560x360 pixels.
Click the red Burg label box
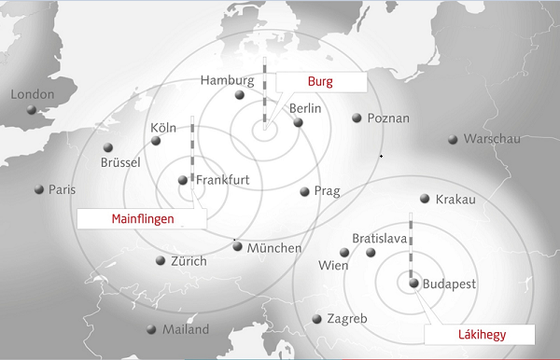click(320, 82)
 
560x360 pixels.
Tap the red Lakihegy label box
click(480, 335)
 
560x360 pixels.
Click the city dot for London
click(32, 110)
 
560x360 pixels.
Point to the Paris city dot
click(39, 189)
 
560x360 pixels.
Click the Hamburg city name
click(228, 80)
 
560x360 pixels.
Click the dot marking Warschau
click(453, 140)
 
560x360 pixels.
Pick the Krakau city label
click(455, 200)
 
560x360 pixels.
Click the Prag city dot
click(304, 192)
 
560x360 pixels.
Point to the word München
click(273, 248)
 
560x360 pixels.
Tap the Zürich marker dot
click(161, 261)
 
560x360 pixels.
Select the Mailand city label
click(186, 329)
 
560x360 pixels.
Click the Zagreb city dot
click(318, 319)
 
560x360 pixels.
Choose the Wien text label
click(333, 266)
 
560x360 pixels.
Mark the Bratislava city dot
click(371, 253)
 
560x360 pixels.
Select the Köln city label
click(164, 128)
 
